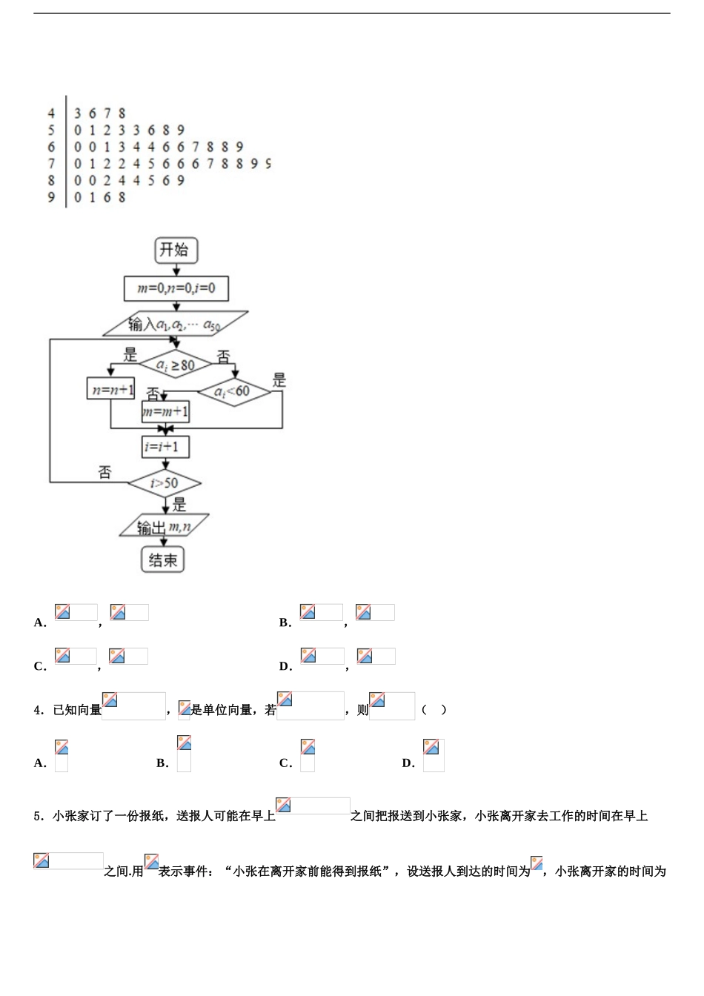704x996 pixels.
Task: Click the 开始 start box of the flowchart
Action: click(176, 250)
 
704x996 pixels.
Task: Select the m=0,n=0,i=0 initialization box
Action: click(176, 288)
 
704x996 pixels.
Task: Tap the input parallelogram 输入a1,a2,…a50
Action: click(175, 324)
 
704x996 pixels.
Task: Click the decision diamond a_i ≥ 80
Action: click(175, 365)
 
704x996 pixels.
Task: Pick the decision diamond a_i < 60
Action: click(233, 391)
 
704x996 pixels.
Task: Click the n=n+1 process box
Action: click(111, 389)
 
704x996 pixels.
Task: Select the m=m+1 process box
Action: click(165, 411)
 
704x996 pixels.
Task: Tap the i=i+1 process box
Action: click(165, 447)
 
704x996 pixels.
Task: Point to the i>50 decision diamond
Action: click(165, 483)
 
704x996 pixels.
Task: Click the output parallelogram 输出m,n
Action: click(165, 527)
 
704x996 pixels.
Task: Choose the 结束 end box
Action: click(163, 560)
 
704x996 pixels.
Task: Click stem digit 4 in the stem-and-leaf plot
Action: click(51, 113)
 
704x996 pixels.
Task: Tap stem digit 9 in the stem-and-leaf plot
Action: click(51, 197)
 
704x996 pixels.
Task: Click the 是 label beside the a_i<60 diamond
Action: click(279, 380)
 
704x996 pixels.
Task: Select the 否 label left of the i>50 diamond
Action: click(104, 472)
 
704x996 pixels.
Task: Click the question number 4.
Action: click(38, 710)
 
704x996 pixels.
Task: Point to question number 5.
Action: click(38, 816)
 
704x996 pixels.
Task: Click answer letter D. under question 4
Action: click(408, 763)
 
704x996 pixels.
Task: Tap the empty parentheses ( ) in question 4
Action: click(434, 709)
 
